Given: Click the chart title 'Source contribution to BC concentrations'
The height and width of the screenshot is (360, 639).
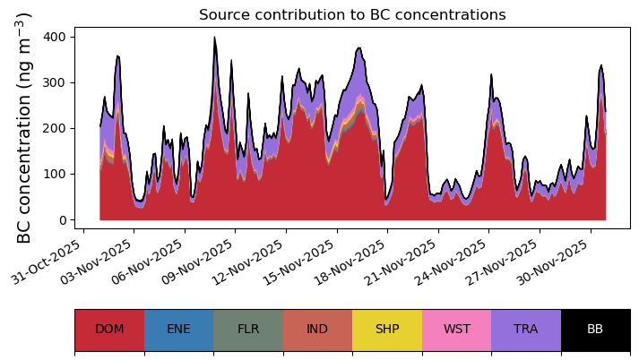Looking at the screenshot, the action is (x=352, y=14).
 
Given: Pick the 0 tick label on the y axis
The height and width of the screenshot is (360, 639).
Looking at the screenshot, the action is (x=63, y=220).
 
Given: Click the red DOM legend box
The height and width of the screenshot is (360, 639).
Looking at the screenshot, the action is (x=109, y=330).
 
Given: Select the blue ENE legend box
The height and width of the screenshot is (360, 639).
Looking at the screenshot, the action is (x=179, y=330).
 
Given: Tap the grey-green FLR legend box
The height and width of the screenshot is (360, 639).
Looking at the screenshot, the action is (x=248, y=330).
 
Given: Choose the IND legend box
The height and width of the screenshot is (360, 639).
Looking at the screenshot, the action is (x=318, y=330).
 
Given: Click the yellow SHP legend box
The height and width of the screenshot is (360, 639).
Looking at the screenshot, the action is (x=387, y=330).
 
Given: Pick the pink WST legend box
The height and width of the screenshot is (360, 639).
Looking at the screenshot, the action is (x=457, y=330).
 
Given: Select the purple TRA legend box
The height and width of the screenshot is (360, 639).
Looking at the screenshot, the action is (x=526, y=330).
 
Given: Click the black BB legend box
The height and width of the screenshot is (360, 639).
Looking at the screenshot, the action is (x=596, y=330).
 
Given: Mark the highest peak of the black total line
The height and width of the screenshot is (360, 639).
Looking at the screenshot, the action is (x=215, y=37).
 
